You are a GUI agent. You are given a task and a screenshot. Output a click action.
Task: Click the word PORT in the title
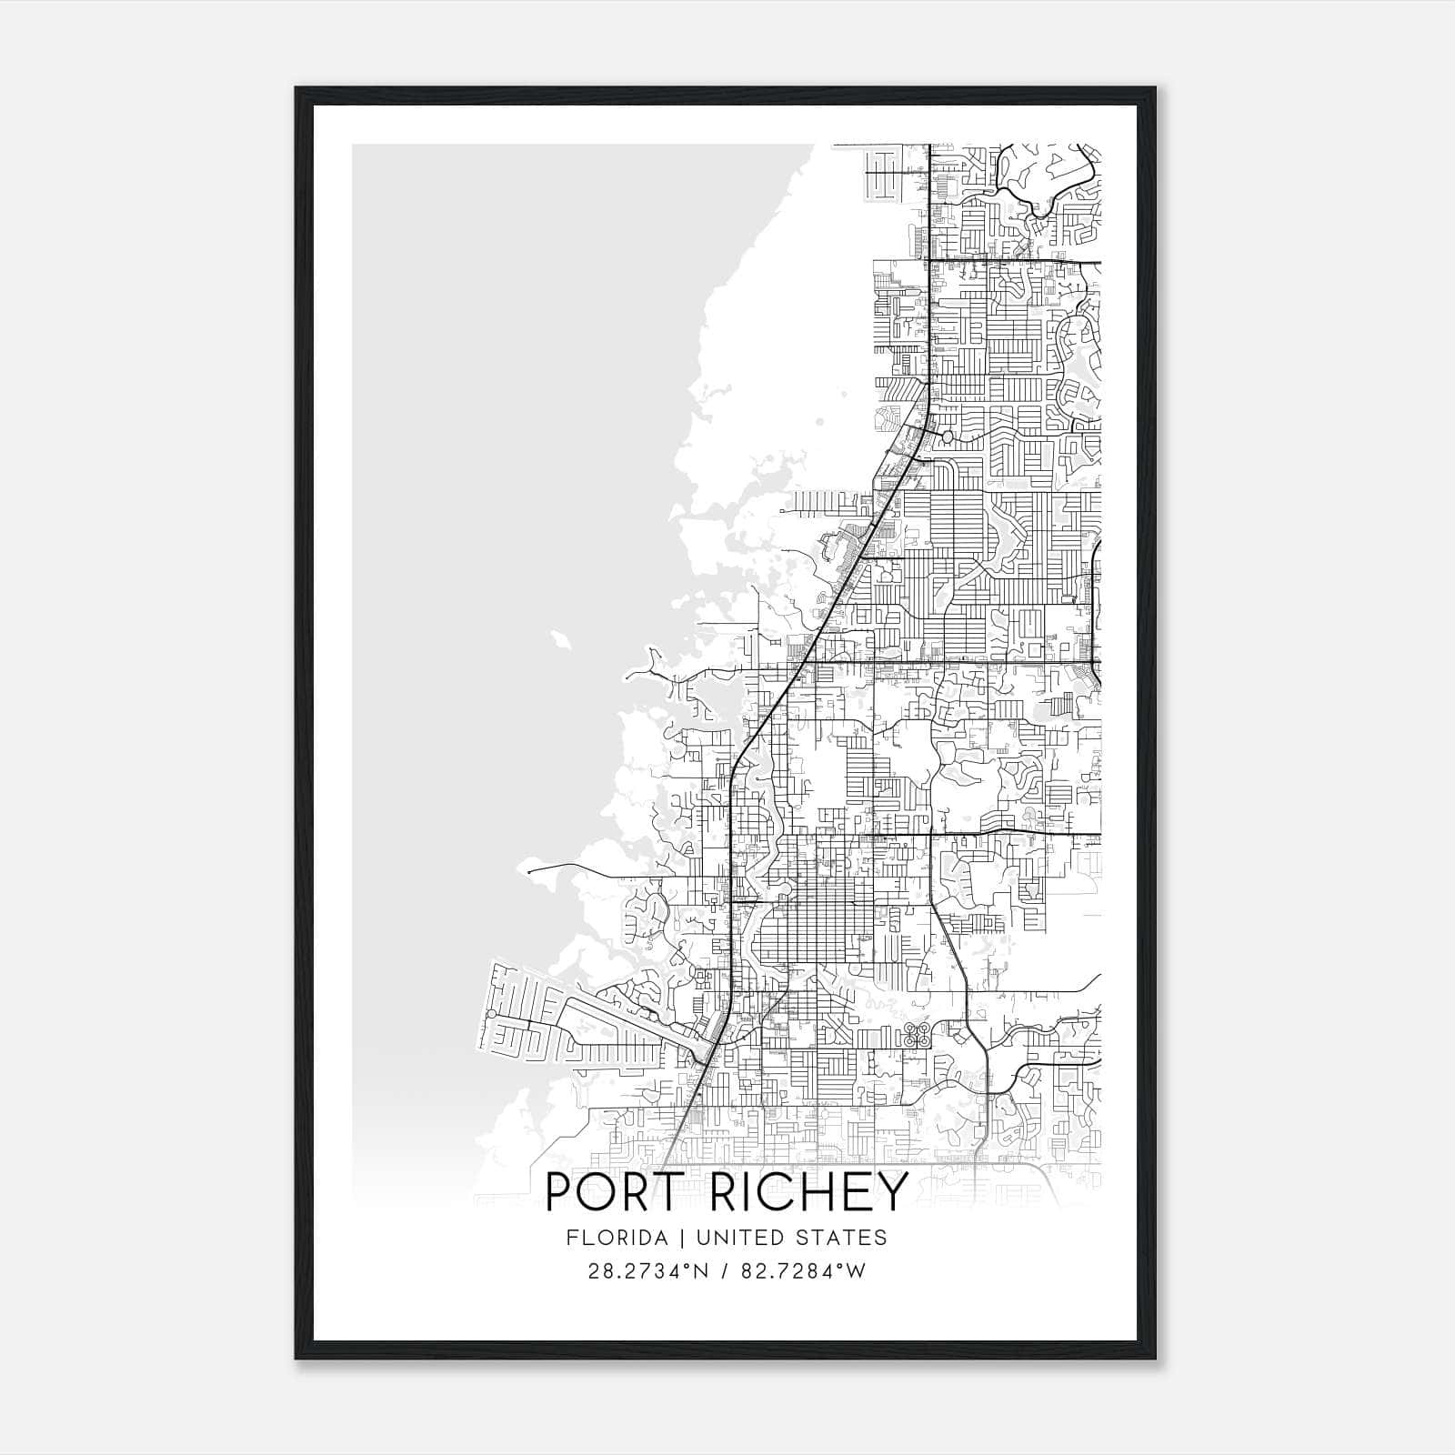coord(612,1192)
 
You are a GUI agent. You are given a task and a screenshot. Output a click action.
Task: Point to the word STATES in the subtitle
coord(850,1238)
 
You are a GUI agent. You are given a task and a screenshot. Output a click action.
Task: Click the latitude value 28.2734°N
coord(647,1271)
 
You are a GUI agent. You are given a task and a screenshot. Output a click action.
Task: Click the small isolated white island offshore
coord(561,639)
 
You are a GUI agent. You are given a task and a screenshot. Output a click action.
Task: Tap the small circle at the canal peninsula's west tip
coord(491,1014)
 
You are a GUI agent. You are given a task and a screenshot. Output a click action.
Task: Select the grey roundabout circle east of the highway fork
coord(947,437)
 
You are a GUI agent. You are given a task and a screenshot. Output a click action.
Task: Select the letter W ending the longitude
coord(856,1271)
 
